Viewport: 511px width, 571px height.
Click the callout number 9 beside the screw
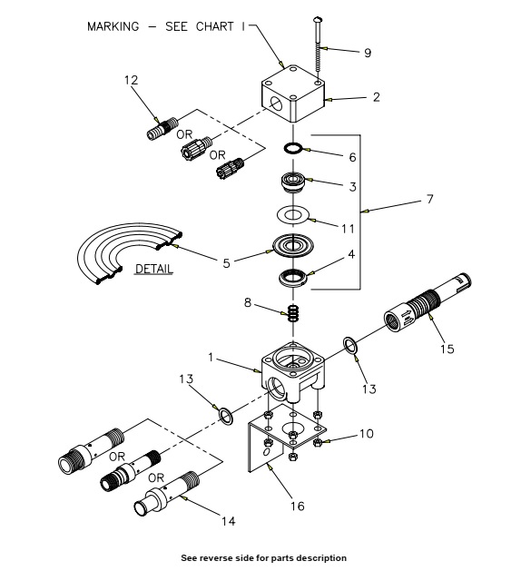[368, 53]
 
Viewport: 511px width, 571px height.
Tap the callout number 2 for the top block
[377, 97]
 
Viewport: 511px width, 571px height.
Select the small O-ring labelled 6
[293, 148]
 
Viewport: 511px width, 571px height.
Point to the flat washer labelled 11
[293, 215]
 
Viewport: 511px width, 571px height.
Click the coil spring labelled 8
[293, 313]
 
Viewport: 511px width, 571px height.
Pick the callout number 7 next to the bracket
[430, 199]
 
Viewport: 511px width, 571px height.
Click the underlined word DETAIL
[153, 269]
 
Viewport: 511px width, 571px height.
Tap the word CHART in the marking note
[214, 26]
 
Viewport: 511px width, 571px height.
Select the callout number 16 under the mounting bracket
[297, 506]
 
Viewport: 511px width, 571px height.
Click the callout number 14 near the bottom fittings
[229, 521]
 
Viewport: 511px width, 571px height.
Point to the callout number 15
[447, 349]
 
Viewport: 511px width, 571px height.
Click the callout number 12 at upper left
[131, 80]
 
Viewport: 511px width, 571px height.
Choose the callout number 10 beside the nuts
[367, 434]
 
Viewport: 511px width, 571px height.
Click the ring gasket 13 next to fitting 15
[350, 345]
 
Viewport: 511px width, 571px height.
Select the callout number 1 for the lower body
[211, 358]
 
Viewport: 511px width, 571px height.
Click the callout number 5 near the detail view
[227, 263]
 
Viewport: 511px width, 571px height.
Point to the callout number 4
[351, 254]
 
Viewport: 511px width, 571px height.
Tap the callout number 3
[352, 187]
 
